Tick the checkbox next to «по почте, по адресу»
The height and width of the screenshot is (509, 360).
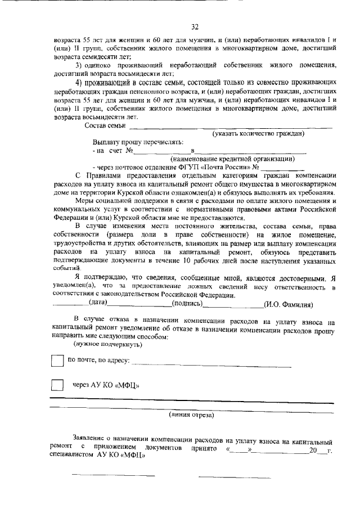[57, 361]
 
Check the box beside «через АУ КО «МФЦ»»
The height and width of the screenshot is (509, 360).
[57, 385]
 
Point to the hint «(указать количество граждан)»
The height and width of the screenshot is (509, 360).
[258, 133]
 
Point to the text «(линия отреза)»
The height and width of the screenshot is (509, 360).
[191, 415]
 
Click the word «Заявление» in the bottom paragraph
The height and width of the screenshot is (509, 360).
[89, 437]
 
